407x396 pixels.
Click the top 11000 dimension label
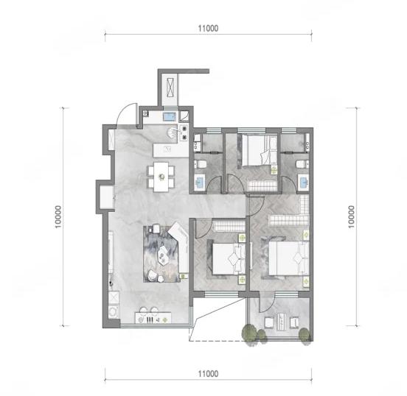click(208, 28)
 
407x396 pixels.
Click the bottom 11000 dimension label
click(208, 374)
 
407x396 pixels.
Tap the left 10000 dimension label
click(58, 216)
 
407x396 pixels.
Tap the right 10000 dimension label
click(351, 216)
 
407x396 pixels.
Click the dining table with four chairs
click(161, 177)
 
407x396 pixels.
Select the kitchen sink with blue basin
click(170, 117)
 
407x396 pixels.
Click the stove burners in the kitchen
click(184, 132)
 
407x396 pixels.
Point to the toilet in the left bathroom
click(201, 164)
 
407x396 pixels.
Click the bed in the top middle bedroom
click(260, 150)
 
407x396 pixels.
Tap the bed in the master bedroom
click(289, 258)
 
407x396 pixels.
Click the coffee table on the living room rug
click(164, 252)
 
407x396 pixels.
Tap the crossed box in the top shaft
click(170, 88)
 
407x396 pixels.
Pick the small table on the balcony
click(281, 322)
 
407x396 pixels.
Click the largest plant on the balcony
click(249, 333)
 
